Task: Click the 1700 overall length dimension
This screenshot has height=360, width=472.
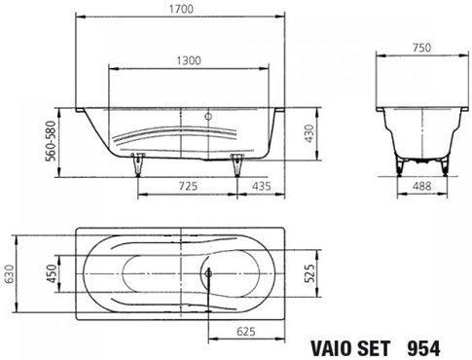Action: click(x=181, y=9)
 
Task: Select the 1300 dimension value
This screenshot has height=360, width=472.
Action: click(x=189, y=60)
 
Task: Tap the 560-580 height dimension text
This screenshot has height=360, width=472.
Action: click(x=52, y=141)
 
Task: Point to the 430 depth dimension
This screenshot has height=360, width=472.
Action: click(x=309, y=133)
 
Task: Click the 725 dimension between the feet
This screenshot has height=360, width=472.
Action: click(x=188, y=186)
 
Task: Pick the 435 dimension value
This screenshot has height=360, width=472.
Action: click(x=262, y=186)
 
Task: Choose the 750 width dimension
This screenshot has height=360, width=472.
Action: click(x=422, y=48)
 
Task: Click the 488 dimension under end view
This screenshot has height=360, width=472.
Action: click(x=422, y=186)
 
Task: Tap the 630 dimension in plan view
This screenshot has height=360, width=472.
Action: click(x=9, y=274)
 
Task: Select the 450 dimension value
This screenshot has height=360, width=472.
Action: click(x=52, y=274)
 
